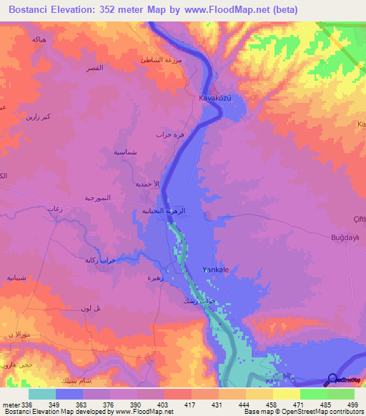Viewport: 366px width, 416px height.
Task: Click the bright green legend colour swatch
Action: (x=314, y=394)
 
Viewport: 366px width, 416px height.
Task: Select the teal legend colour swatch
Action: (x=42, y=394)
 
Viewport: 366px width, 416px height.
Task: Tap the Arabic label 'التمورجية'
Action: (x=99, y=197)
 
